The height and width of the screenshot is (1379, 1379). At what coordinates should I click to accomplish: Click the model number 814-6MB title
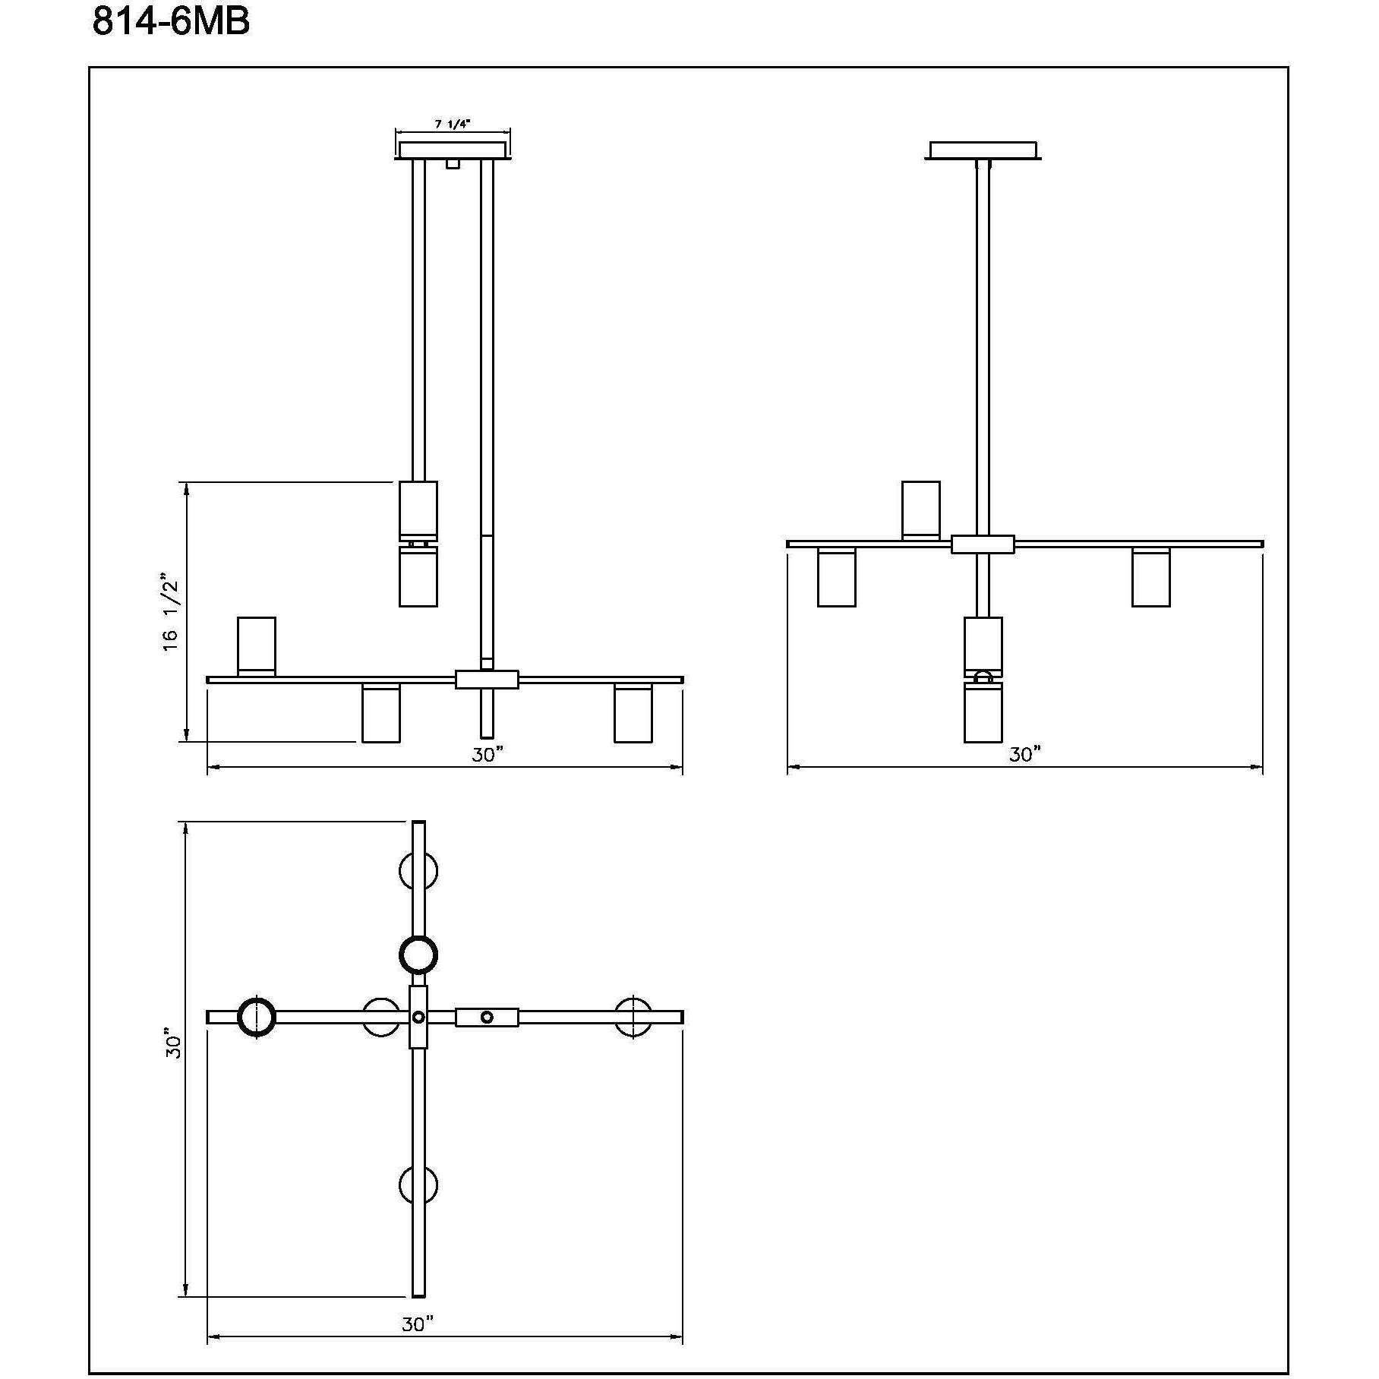pyautogui.click(x=171, y=23)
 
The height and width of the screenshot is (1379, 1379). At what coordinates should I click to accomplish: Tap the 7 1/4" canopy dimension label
pyautogui.click(x=453, y=125)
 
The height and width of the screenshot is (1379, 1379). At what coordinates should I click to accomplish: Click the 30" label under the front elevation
pyautogui.click(x=488, y=754)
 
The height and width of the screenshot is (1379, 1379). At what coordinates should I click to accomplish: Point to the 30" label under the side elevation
pyautogui.click(x=1024, y=754)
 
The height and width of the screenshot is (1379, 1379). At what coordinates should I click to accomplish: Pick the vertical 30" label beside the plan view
pyautogui.click(x=175, y=1044)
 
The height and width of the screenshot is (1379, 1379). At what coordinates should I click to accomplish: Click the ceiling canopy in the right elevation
pyautogui.click(x=983, y=150)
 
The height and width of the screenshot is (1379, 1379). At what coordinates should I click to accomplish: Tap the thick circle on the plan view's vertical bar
pyautogui.click(x=418, y=955)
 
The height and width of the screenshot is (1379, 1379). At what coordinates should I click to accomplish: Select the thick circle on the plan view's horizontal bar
pyautogui.click(x=257, y=1018)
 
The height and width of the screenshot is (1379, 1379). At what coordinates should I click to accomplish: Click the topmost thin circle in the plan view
pyautogui.click(x=418, y=870)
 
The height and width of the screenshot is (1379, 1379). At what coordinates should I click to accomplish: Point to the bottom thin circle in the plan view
pyautogui.click(x=418, y=1185)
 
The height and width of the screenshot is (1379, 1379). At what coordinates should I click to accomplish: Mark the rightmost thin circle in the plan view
pyautogui.click(x=633, y=1018)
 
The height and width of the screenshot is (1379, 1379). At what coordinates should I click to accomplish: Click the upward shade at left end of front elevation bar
pyautogui.click(x=257, y=645)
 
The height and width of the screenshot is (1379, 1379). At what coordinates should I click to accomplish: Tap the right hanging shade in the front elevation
pyautogui.click(x=633, y=713)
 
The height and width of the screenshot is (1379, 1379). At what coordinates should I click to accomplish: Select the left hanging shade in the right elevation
pyautogui.click(x=837, y=577)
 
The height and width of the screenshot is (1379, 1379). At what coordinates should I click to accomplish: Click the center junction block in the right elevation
pyautogui.click(x=983, y=544)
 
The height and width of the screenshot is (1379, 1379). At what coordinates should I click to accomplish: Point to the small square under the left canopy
pyautogui.click(x=453, y=164)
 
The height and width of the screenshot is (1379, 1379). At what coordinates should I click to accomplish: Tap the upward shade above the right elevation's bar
pyautogui.click(x=921, y=510)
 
